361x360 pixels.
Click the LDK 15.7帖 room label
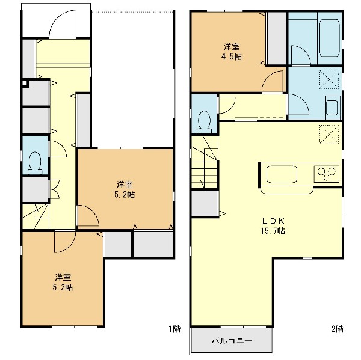[x=273, y=225]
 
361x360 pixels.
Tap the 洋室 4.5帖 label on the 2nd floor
[x=232, y=52]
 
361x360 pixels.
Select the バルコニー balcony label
[x=232, y=341]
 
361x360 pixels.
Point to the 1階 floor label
[x=175, y=329]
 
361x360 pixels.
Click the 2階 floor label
[x=338, y=329]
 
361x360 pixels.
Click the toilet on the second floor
[x=204, y=122]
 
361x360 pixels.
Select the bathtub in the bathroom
[x=330, y=38]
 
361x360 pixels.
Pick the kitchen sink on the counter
[x=282, y=174]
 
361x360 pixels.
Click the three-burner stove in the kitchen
[x=327, y=174]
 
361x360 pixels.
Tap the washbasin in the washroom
[x=332, y=108]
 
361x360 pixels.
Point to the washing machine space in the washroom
[x=329, y=79]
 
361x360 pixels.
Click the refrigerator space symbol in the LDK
[x=329, y=135]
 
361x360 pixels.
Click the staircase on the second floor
[x=205, y=162]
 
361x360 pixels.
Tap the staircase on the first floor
[x=35, y=216]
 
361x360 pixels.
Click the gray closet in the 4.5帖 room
[x=277, y=38]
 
